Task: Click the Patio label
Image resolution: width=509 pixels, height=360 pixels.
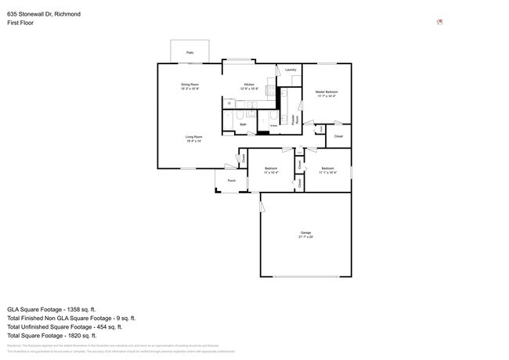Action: click(x=190, y=52)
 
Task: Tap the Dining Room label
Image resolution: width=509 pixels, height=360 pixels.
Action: click(x=190, y=84)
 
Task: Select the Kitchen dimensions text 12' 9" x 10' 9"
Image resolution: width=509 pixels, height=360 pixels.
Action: click(x=249, y=88)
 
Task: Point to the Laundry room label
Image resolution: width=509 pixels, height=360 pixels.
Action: click(x=290, y=70)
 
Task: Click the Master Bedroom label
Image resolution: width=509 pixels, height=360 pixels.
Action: click(x=327, y=92)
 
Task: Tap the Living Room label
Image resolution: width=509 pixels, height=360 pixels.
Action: click(x=193, y=136)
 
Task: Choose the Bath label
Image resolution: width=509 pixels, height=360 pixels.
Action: click(x=244, y=124)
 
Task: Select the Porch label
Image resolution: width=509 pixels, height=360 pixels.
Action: click(x=232, y=181)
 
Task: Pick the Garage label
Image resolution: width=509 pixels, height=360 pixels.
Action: click(x=305, y=232)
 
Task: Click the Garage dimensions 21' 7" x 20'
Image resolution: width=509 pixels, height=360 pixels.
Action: click(x=305, y=237)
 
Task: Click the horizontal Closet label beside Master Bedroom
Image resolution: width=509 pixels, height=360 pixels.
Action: click(x=338, y=136)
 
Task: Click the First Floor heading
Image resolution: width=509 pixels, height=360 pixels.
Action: click(x=21, y=23)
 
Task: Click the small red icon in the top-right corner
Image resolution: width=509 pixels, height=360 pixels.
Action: click(x=439, y=22)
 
